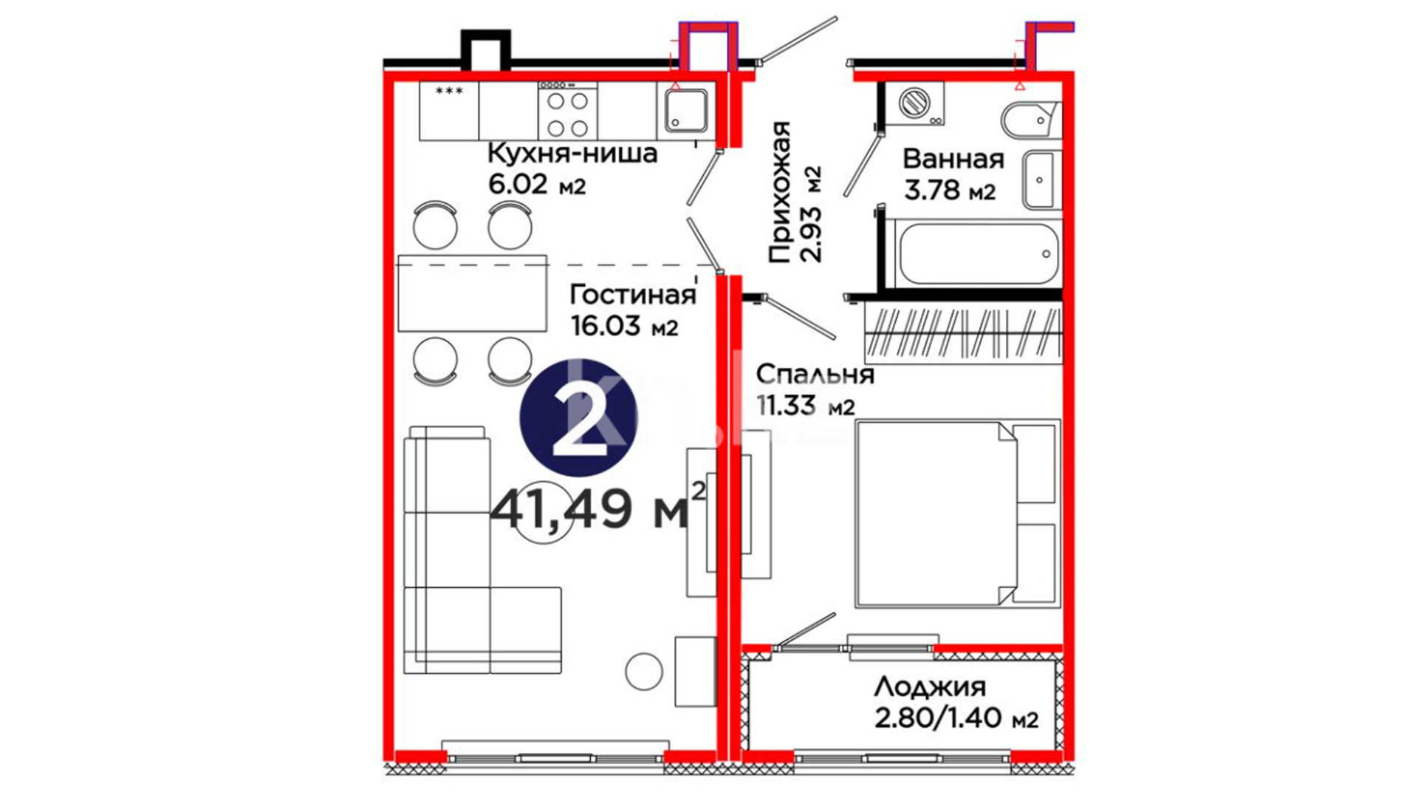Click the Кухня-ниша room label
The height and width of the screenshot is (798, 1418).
(x=572, y=154)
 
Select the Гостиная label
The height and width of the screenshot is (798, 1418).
(x=632, y=295)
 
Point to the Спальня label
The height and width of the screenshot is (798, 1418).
(x=815, y=375)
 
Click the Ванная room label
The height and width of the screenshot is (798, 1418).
(x=953, y=159)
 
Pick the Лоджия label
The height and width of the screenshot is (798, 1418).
(x=930, y=687)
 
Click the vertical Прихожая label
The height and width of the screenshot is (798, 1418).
(x=780, y=192)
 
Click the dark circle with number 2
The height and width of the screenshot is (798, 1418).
(x=578, y=418)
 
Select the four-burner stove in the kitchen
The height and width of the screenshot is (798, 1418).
(x=567, y=112)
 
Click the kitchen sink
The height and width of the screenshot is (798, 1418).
(x=686, y=111)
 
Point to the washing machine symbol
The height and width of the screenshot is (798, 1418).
(x=916, y=101)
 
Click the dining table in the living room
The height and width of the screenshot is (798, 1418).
(x=473, y=293)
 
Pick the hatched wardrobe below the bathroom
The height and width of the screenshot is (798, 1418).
(x=963, y=332)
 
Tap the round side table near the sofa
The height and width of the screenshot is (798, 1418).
(x=644, y=672)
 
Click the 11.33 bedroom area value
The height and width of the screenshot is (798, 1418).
(x=806, y=406)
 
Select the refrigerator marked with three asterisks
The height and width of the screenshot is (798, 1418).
(x=449, y=111)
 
